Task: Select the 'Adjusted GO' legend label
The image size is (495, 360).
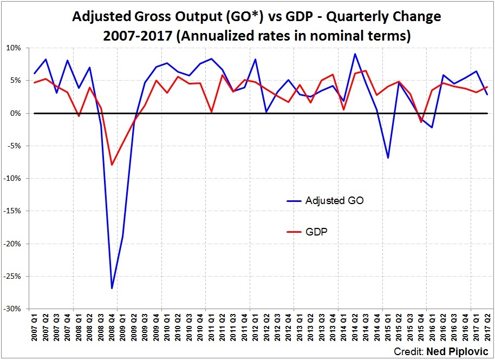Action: coord(334,200)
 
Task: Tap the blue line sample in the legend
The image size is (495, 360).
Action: coord(294,201)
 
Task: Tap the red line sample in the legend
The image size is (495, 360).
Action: coord(294,232)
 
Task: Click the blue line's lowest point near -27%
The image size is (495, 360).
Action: coord(112,288)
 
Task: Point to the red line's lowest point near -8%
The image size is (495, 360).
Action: coord(112,165)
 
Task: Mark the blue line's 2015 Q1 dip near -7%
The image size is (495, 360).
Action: coord(388,158)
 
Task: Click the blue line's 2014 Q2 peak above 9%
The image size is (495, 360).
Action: coord(354,54)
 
